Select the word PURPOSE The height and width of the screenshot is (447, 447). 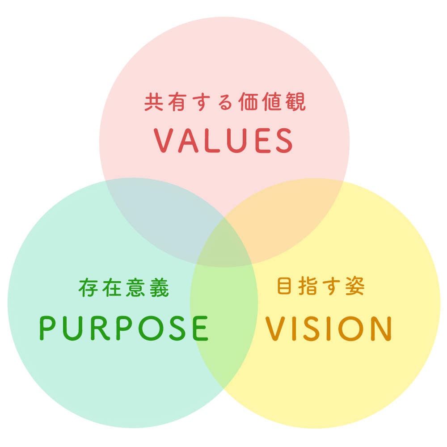click(124, 329)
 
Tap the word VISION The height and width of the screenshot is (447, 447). click(329, 329)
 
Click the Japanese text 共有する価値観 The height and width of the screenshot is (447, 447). click(225, 102)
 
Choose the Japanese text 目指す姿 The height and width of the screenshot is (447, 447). click(320, 287)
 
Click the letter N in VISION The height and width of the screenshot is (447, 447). click(380, 329)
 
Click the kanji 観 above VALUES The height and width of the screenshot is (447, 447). click(296, 102)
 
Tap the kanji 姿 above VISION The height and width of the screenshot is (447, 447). click(355, 287)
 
